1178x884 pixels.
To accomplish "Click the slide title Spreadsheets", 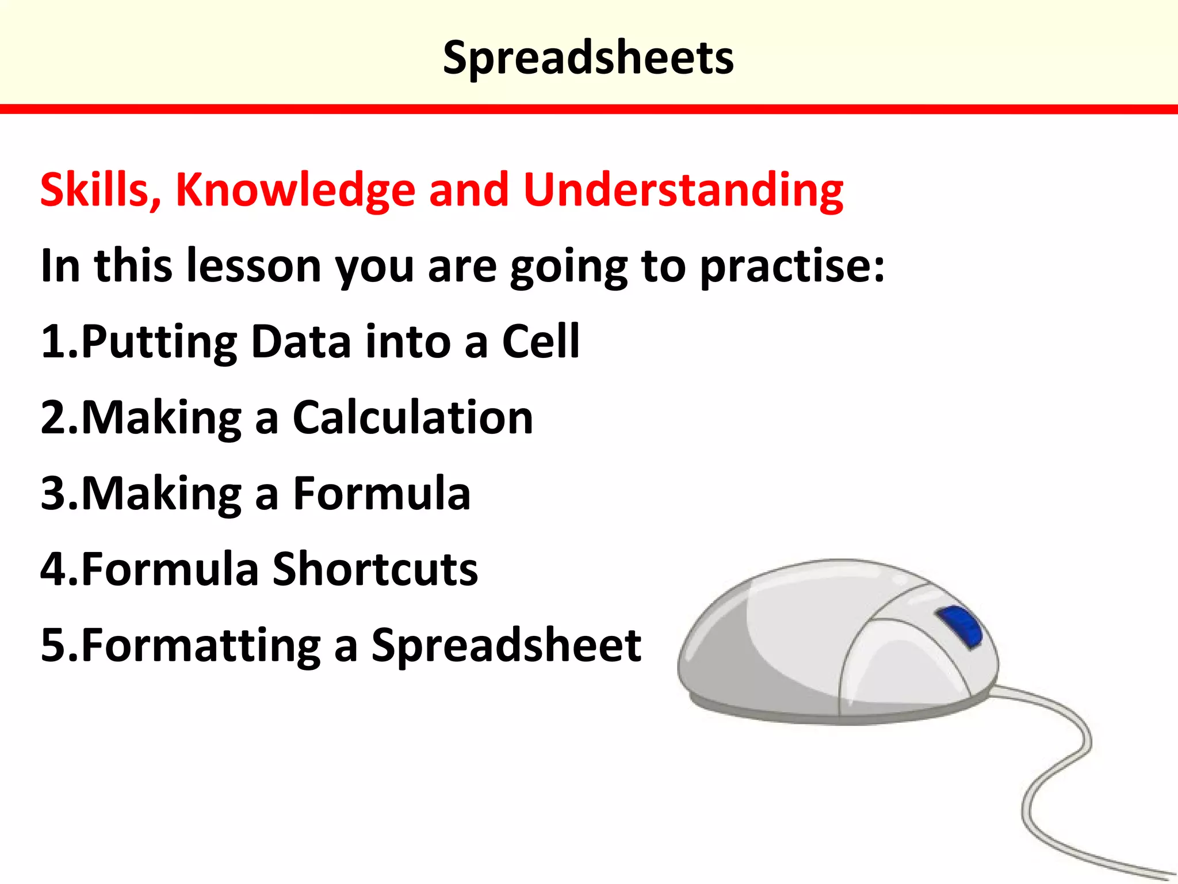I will tap(588, 58).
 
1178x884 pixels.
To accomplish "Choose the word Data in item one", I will tap(301, 342).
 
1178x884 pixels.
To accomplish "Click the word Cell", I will tap(541, 342).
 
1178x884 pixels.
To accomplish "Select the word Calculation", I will tap(412, 418).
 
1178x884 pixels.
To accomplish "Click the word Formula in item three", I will tap(381, 494).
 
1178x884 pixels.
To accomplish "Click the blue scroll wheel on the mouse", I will tap(959, 626).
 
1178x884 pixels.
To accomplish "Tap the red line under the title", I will tap(589, 109).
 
